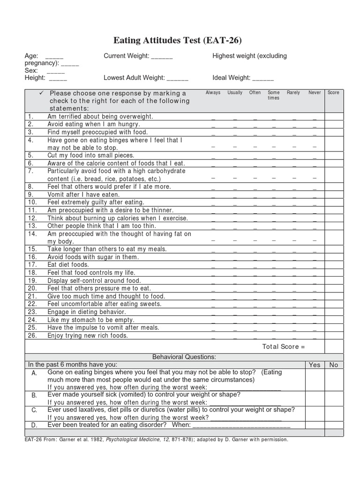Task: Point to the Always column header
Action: click(x=213, y=93)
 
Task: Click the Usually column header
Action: click(x=235, y=93)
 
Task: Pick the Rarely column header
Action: click(x=293, y=93)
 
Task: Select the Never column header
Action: click(x=315, y=93)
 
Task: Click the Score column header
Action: click(x=333, y=93)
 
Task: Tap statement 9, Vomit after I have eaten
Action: click(x=77, y=195)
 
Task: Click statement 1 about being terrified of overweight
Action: click(x=100, y=116)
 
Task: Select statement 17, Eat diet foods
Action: click(x=68, y=265)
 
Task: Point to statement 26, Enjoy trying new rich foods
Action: click(x=88, y=336)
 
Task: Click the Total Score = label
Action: click(x=284, y=347)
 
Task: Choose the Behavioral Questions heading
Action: click(x=184, y=357)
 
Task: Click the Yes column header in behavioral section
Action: click(x=315, y=365)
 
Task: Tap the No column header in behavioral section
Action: click(x=334, y=365)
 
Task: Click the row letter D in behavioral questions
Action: click(x=34, y=425)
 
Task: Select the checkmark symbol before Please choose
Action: click(x=42, y=93)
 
